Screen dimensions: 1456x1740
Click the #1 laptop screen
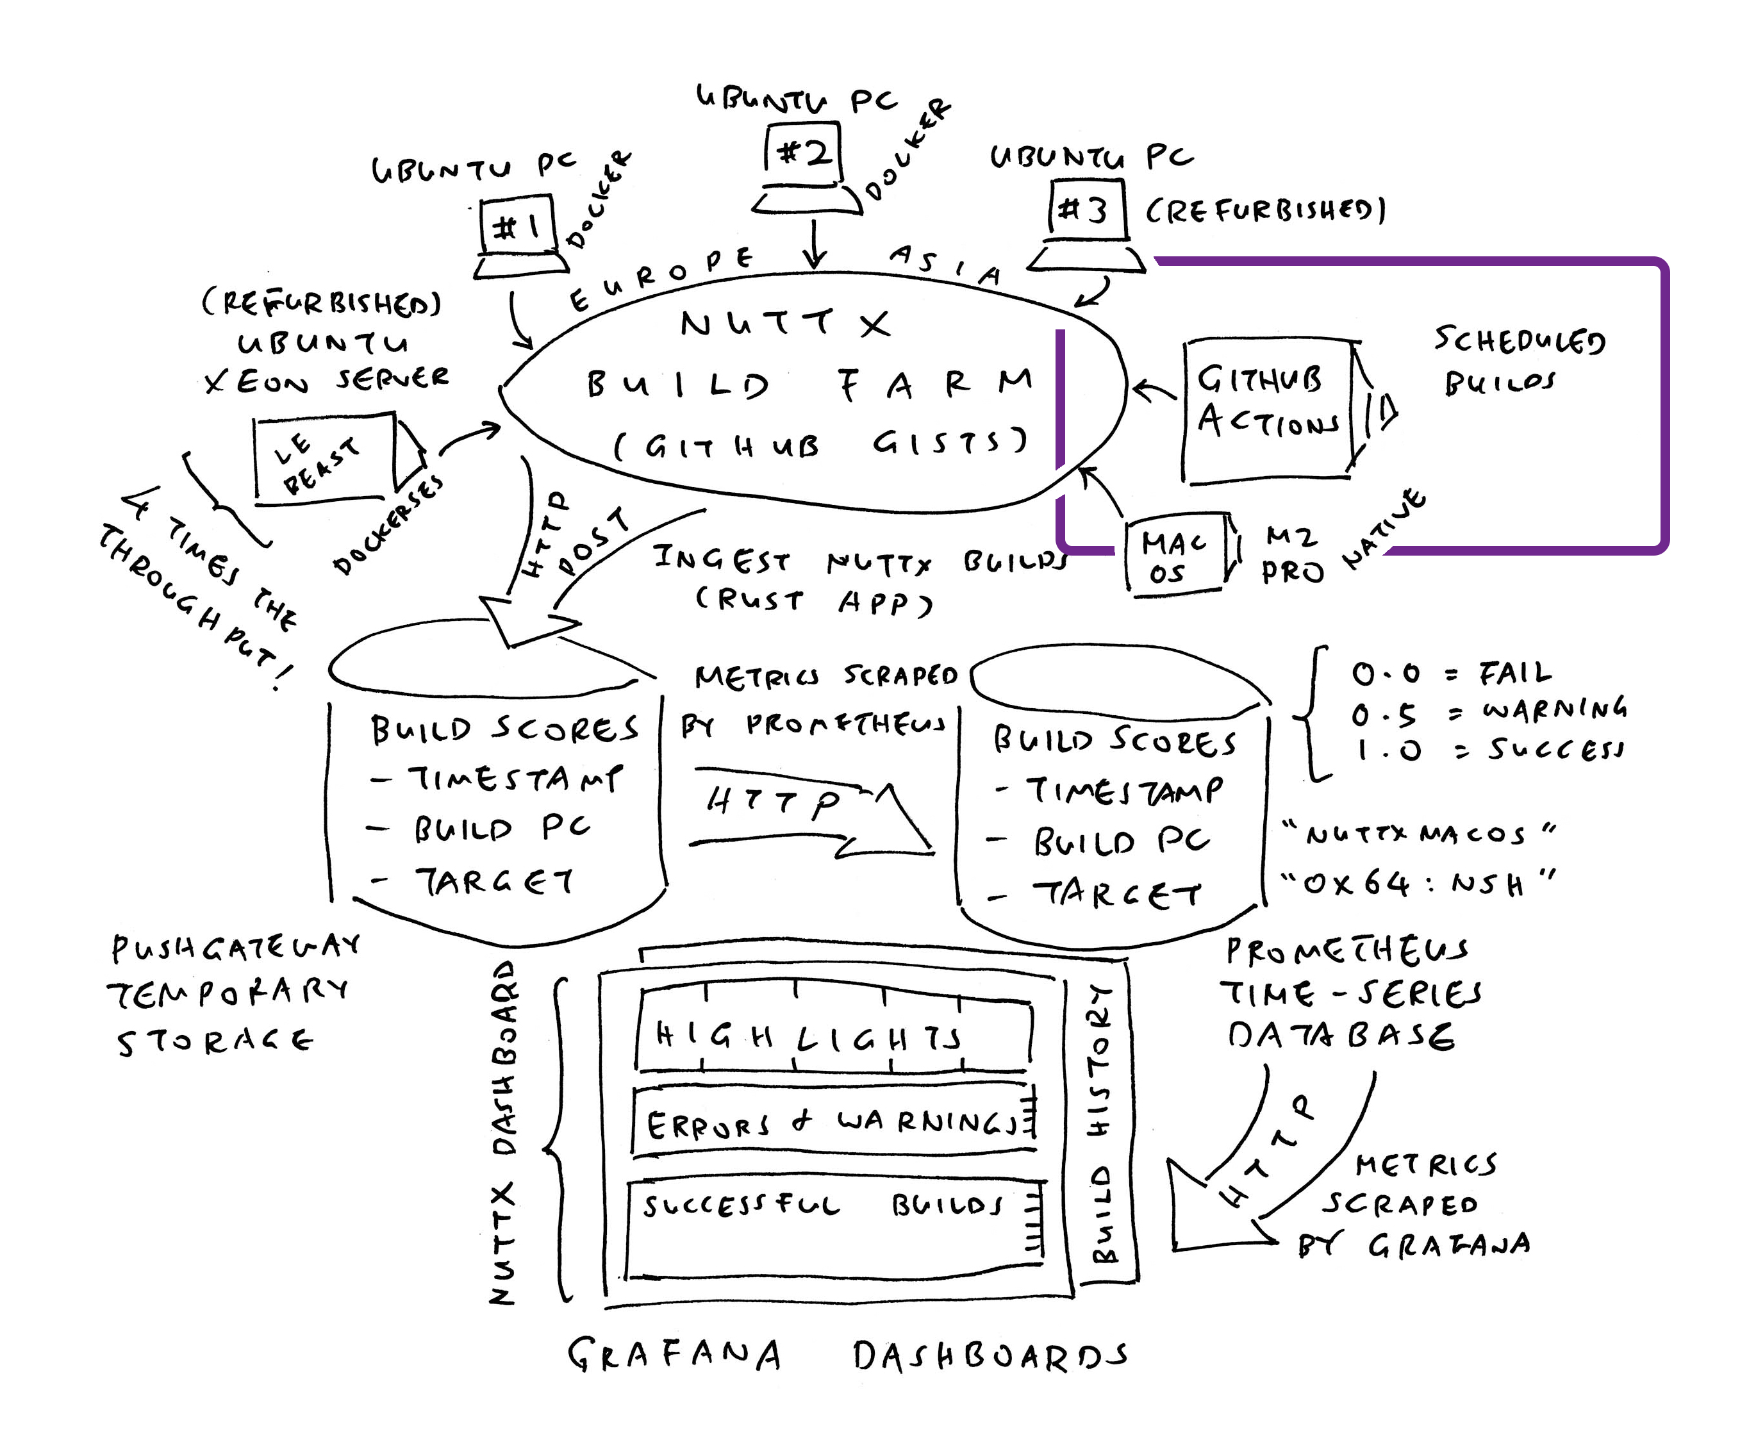click(x=517, y=226)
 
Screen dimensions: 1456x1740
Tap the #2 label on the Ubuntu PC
click(x=802, y=153)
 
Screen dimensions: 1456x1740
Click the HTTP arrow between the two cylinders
click(x=812, y=816)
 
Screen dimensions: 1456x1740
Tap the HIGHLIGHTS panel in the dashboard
click(x=833, y=1036)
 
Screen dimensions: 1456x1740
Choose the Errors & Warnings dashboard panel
click(x=833, y=1122)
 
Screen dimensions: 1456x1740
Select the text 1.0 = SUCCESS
click(x=1487, y=750)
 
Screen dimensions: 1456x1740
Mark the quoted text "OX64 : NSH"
click(x=1417, y=884)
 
